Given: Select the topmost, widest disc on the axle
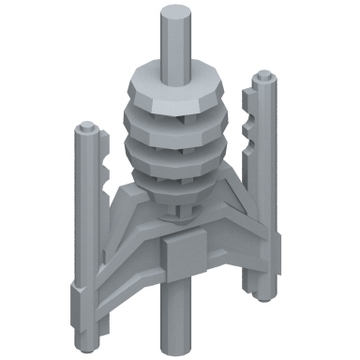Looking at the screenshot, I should [174, 90].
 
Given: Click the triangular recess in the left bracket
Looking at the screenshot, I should [124, 233].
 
